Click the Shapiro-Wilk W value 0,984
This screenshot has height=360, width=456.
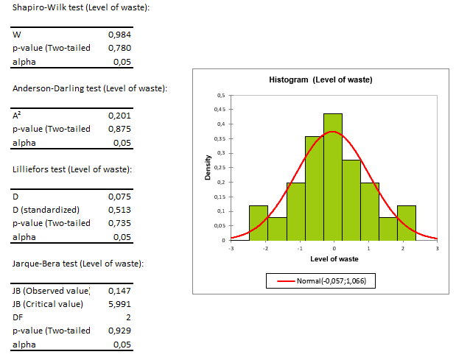[119, 35]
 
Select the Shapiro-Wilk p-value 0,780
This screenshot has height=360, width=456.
[119, 48]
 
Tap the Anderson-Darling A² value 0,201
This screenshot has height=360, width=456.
[119, 116]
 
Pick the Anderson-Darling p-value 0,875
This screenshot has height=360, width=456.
[119, 129]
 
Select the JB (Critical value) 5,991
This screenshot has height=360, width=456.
[119, 304]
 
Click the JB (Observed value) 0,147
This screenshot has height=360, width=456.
[119, 291]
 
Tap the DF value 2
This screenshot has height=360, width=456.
[128, 317]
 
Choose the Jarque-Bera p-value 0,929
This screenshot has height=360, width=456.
[119, 331]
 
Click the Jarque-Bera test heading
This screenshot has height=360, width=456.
[77, 264]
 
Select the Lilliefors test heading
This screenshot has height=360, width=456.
[72, 169]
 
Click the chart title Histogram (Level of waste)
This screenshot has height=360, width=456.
[320, 80]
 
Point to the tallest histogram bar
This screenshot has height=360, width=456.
[333, 177]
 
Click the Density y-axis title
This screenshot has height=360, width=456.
[208, 167]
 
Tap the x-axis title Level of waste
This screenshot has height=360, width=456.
[334, 258]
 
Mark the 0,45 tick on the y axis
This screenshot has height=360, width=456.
[220, 110]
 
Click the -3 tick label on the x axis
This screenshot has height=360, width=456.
[231, 249]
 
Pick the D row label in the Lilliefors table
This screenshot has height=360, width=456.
[15, 197]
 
